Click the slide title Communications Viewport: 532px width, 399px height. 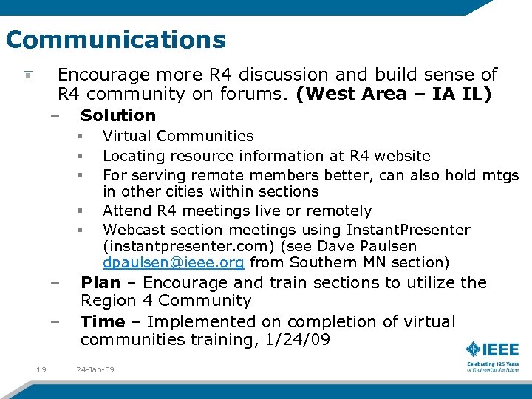(115, 38)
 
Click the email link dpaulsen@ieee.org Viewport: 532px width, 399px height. (174, 263)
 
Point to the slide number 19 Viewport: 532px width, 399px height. (41, 369)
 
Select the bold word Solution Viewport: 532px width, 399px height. (118, 115)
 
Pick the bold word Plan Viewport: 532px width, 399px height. (100, 282)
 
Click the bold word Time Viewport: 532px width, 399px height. (103, 321)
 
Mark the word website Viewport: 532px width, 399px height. (402, 156)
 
